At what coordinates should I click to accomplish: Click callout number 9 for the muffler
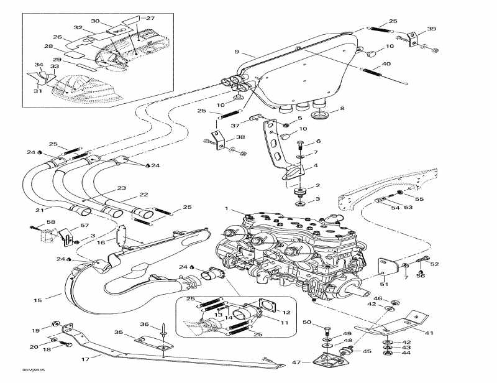(237, 52)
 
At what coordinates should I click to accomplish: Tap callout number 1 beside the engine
(227, 208)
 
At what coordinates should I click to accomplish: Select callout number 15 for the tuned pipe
(38, 300)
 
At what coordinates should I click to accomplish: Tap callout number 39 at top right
(432, 29)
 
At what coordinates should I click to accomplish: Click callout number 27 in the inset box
(150, 18)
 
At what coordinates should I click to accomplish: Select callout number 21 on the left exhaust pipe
(40, 210)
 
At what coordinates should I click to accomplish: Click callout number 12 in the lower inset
(286, 312)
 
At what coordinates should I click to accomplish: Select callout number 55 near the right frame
(419, 199)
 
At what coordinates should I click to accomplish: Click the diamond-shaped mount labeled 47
(329, 362)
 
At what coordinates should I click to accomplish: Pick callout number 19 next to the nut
(36, 330)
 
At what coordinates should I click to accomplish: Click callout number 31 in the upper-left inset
(38, 91)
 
